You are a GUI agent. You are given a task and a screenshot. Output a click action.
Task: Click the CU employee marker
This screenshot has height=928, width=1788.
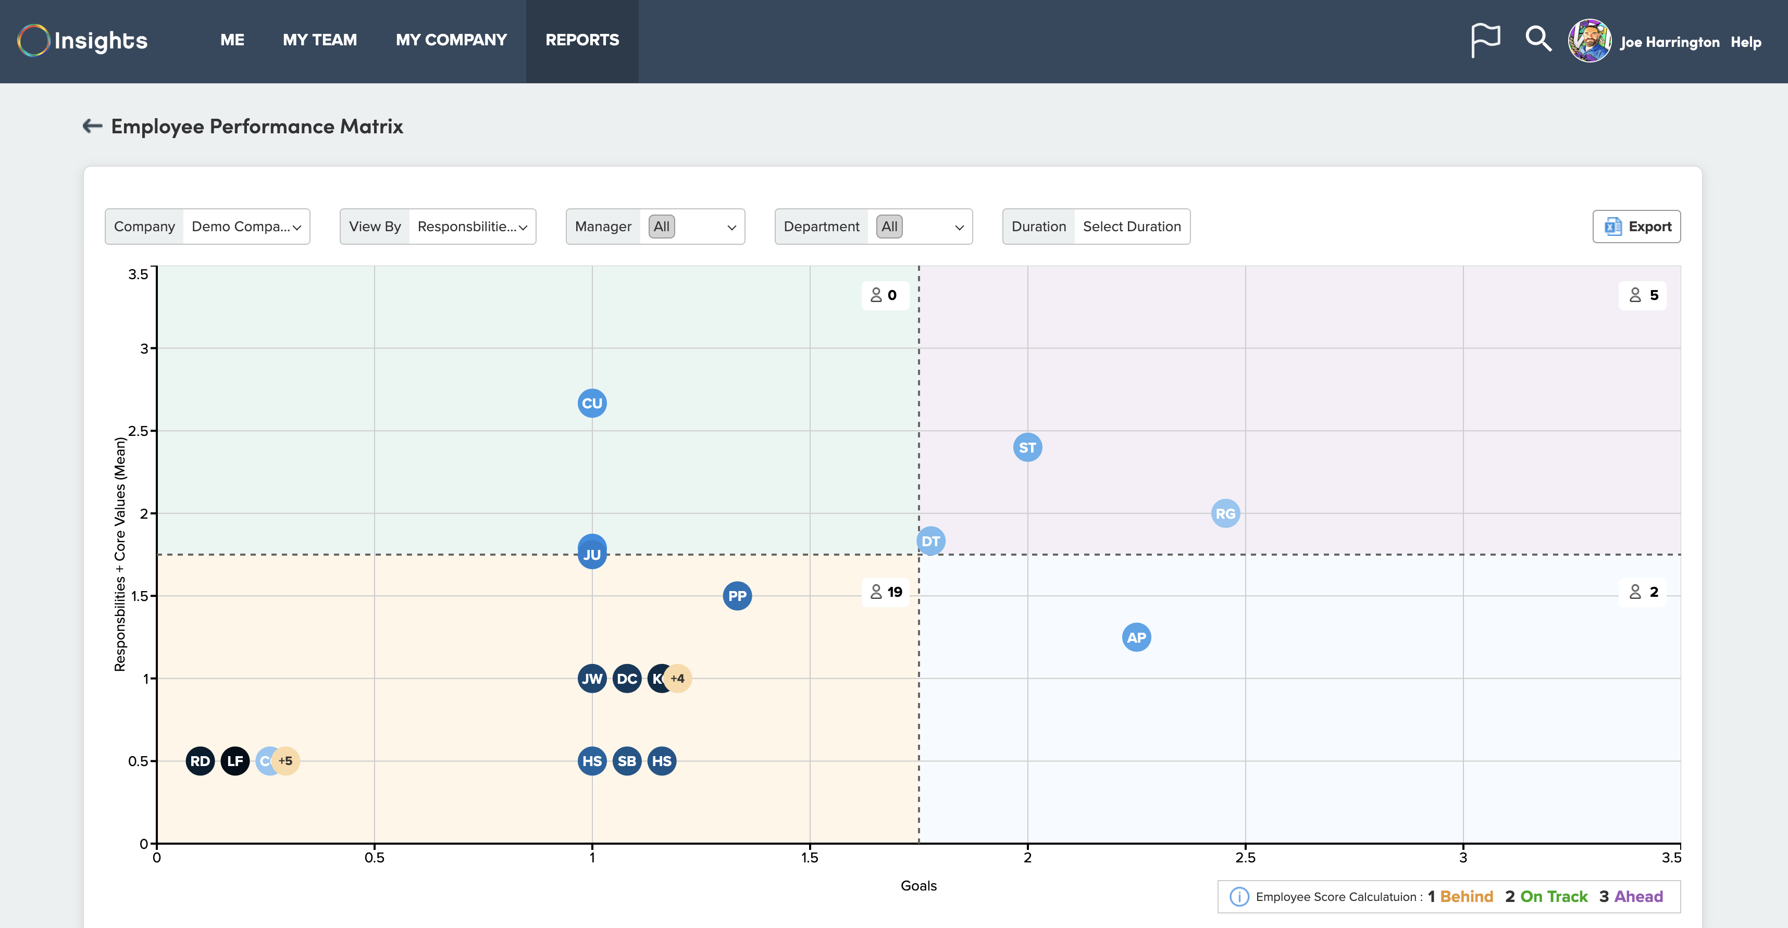click(592, 403)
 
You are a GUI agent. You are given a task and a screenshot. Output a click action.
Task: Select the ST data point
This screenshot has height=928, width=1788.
click(1027, 447)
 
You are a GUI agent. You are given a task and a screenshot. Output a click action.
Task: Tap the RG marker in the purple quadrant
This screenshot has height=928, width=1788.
click(1225, 513)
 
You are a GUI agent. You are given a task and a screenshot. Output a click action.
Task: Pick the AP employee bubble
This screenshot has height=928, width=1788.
click(1136, 637)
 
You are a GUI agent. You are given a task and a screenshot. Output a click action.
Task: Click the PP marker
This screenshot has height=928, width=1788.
click(737, 596)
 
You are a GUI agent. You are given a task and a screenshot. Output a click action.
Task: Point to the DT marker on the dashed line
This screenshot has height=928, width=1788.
click(931, 541)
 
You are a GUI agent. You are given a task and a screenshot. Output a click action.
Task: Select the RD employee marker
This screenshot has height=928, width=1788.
click(200, 761)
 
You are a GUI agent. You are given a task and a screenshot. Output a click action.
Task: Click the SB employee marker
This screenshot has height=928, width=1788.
click(627, 761)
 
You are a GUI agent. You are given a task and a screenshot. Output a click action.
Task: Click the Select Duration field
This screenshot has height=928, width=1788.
click(1132, 227)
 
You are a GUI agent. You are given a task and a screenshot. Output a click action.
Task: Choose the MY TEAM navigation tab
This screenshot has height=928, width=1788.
click(320, 40)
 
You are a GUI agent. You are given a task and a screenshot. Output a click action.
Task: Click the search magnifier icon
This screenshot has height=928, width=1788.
click(1537, 39)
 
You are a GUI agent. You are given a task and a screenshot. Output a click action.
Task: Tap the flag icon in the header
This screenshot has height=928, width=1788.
click(1485, 40)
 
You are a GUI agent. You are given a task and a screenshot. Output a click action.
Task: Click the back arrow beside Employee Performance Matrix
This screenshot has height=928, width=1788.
click(92, 126)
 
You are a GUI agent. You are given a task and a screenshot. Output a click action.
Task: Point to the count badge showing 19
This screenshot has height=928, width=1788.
click(886, 592)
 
